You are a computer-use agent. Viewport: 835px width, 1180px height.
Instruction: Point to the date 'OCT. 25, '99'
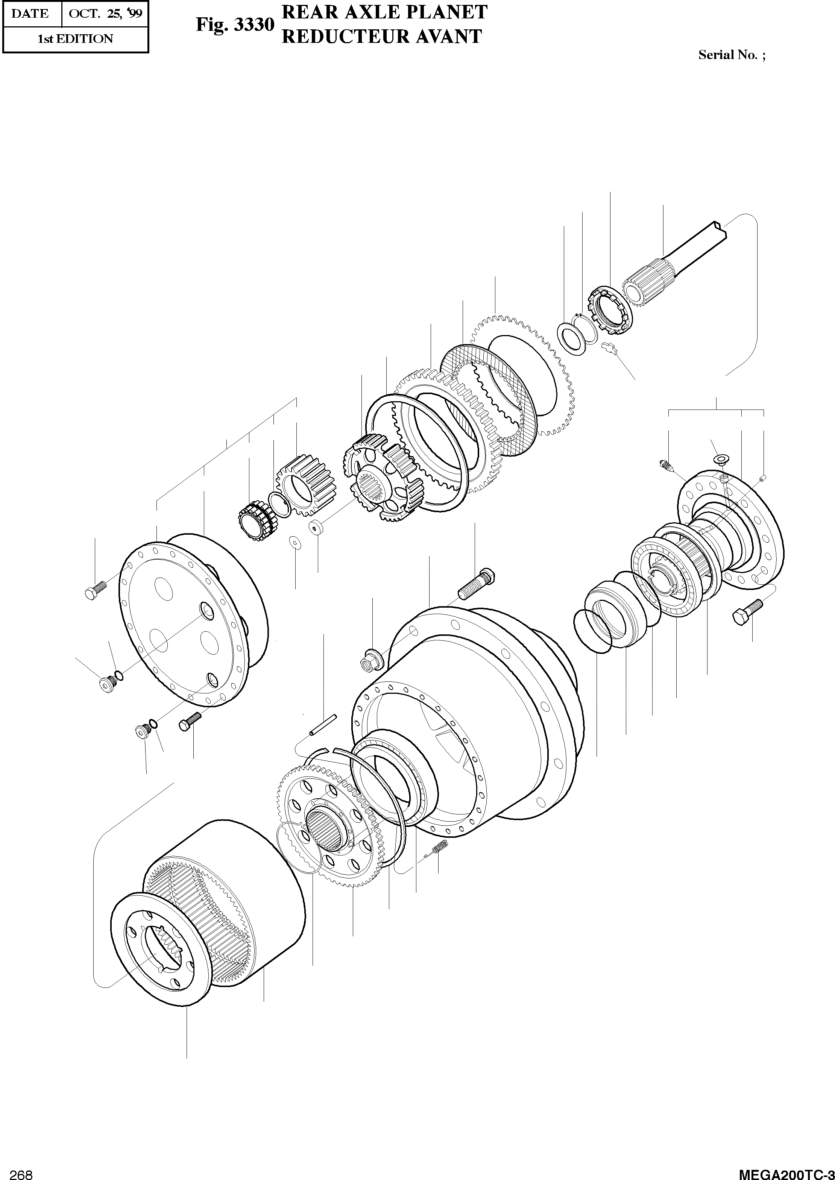[105, 14]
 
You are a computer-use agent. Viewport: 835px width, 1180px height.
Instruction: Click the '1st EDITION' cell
[75, 39]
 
